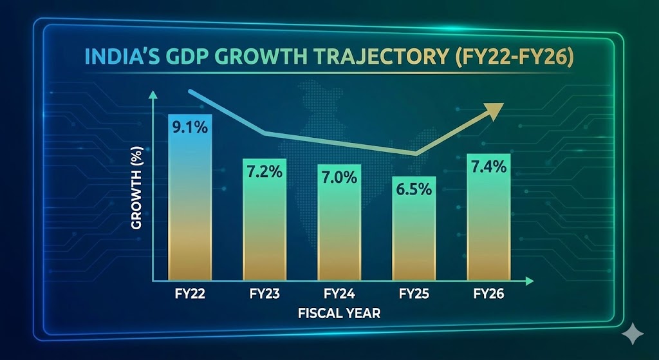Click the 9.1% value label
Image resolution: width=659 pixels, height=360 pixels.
pyautogui.click(x=189, y=128)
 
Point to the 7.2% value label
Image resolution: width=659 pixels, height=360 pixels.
pyautogui.click(x=263, y=172)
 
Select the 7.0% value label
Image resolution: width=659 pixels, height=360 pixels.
pyautogui.click(x=339, y=176)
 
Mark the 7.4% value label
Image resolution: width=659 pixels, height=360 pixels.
pyautogui.click(x=489, y=167)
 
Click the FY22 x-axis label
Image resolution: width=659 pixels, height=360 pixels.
pyautogui.click(x=189, y=295)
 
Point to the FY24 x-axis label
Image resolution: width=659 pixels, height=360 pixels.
pyautogui.click(x=339, y=295)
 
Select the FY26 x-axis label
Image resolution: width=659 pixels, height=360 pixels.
pyautogui.click(x=489, y=295)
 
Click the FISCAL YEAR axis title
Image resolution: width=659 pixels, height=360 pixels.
pyautogui.click(x=339, y=314)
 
